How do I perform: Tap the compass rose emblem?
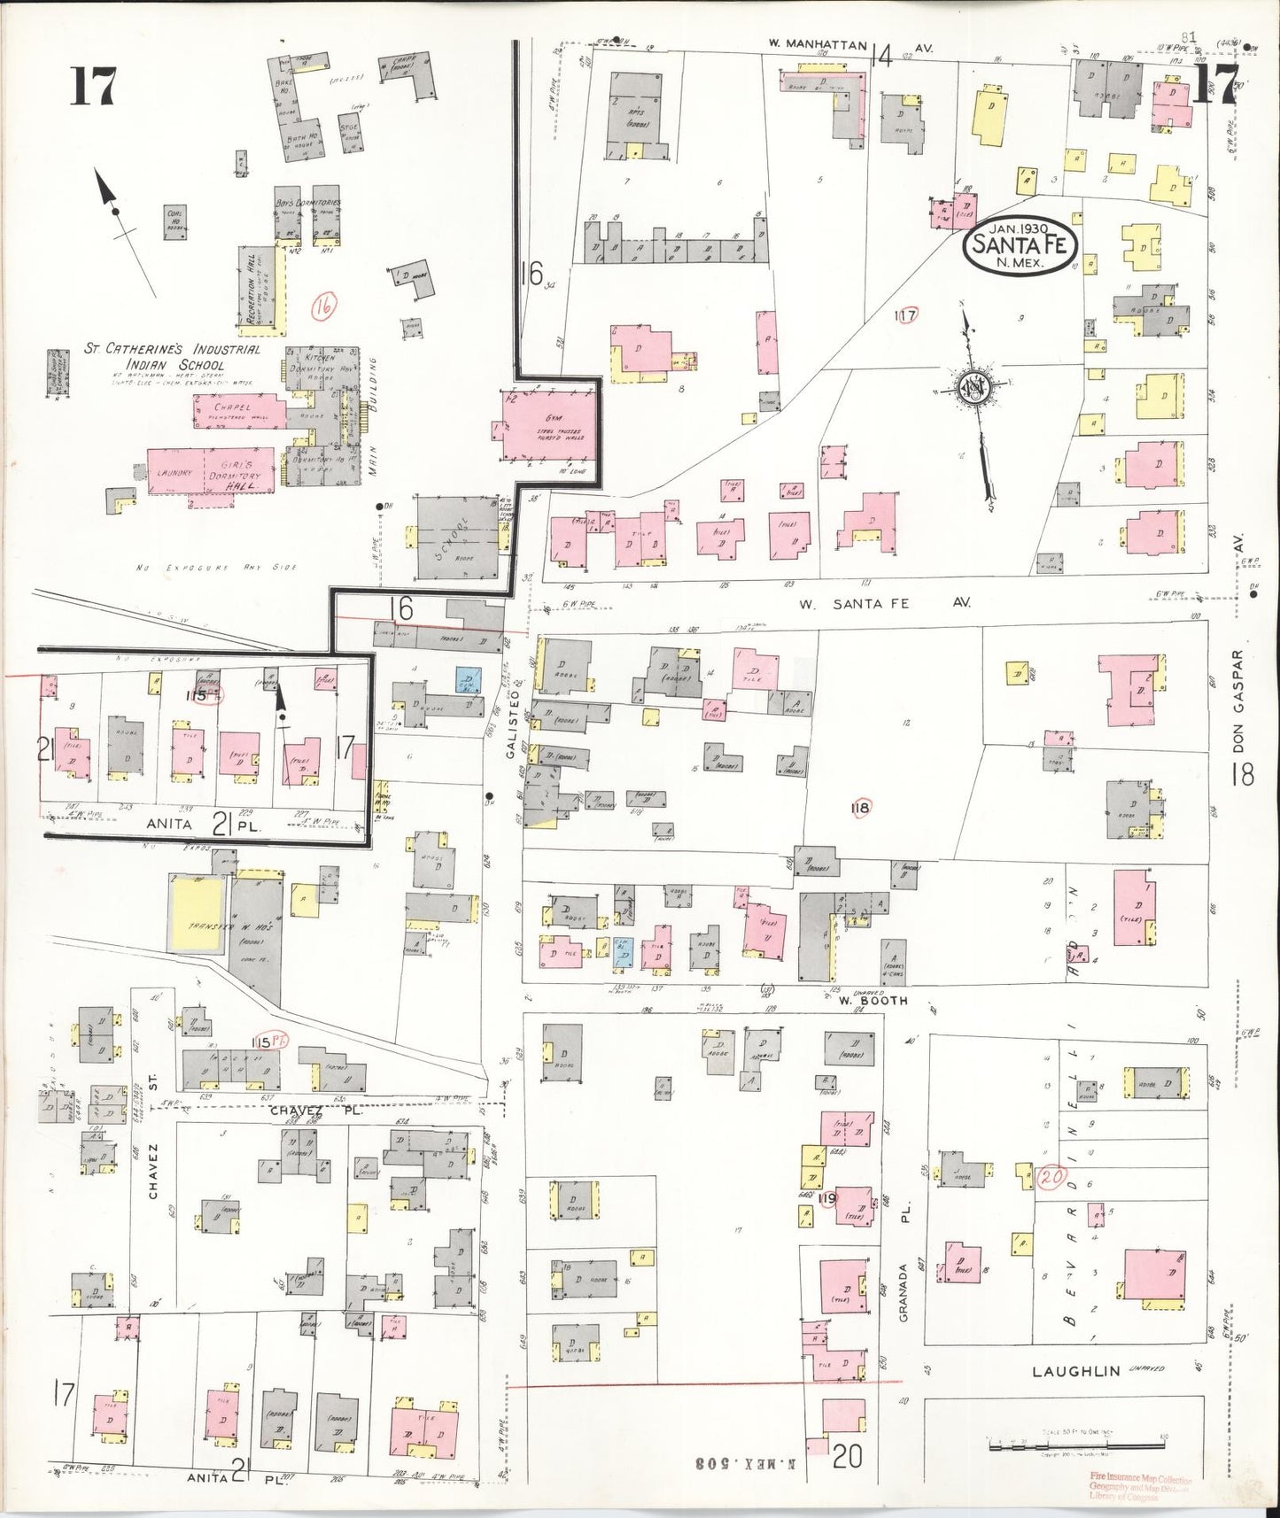point(972,386)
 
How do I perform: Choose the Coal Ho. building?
point(175,222)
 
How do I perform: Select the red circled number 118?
point(859,807)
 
